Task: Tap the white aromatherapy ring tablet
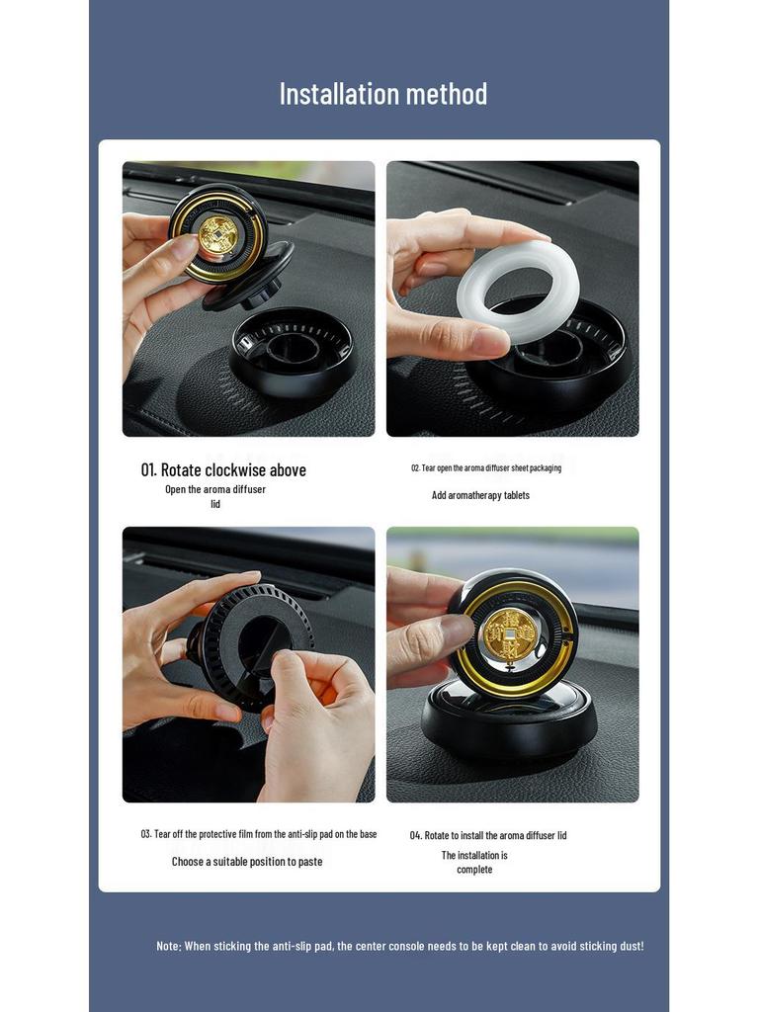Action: point(516,292)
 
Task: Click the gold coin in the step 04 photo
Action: point(510,635)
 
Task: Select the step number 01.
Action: point(148,469)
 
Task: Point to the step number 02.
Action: point(415,467)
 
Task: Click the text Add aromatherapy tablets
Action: point(480,495)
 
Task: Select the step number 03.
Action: point(146,834)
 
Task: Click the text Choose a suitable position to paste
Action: point(246,862)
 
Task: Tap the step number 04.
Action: point(416,835)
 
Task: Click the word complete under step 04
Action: point(474,870)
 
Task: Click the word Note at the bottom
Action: point(168,946)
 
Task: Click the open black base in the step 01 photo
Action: point(293,352)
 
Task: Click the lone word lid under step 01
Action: point(214,504)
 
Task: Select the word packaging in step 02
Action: point(546,467)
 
